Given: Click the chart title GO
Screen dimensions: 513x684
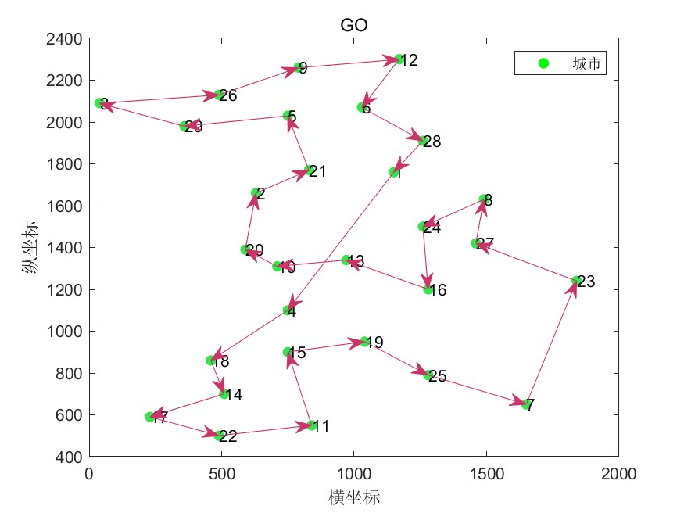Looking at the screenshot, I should [353, 26].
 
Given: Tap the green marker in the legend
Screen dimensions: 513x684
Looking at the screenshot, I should [544, 63].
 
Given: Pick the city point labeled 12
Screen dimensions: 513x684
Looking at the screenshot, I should [399, 59].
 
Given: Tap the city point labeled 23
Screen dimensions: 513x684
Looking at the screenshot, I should [576, 281].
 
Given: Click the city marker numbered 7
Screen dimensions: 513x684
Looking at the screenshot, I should [526, 404].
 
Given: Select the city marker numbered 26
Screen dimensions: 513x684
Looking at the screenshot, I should [219, 95].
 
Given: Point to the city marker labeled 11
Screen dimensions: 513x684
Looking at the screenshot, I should [311, 425].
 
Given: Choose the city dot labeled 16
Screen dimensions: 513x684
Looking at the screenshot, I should [428, 289].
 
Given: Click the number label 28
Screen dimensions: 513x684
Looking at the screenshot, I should [432, 142].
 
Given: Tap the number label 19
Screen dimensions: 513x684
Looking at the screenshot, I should [374, 343].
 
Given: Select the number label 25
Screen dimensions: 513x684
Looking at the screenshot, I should [438, 377].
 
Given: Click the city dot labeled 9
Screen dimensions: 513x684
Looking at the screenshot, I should [298, 68].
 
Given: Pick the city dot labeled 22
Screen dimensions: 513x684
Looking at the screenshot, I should [220, 436].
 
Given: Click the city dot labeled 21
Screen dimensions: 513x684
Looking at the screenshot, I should [310, 170].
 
